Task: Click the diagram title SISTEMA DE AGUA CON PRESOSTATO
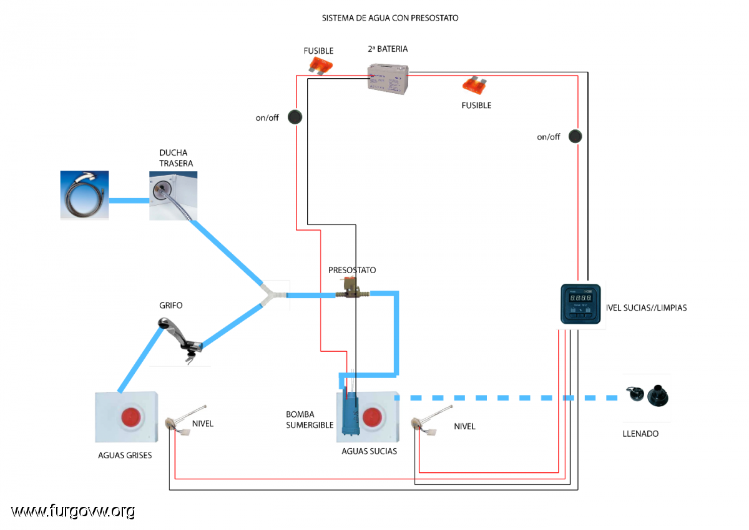pos(390,18)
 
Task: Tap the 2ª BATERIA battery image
pos(388,79)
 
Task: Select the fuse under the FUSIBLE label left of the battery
pos(320,66)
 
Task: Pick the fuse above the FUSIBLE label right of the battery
pos(474,86)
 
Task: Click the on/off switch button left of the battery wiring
pos(295,117)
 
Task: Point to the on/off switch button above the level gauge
pos(575,136)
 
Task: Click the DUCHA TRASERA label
pos(176,158)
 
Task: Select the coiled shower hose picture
pos(84,195)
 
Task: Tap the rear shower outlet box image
pos(174,196)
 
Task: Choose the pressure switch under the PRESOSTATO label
pos(353,288)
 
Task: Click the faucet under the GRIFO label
pos(180,340)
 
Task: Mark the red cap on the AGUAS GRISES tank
pos(131,417)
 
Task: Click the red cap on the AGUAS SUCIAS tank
pos(372,417)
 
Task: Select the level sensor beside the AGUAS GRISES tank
pos(185,421)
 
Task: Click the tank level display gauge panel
pos(580,304)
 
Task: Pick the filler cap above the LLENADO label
pos(648,396)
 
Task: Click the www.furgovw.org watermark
pos(73,512)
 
